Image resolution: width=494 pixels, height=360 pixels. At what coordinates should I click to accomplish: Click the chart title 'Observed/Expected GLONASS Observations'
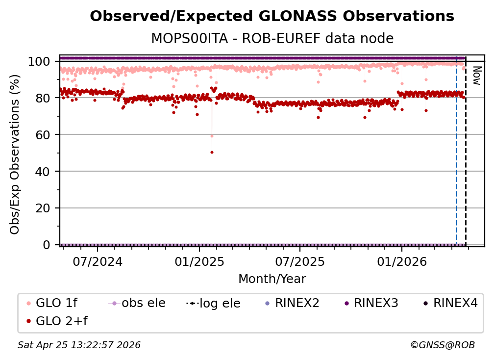click(272, 16)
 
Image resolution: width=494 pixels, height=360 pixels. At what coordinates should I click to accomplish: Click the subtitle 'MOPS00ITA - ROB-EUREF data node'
click(272, 38)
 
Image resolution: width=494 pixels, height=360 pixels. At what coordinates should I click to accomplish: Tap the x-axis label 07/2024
click(98, 261)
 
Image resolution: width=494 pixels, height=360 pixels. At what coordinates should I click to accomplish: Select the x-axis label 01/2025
click(199, 261)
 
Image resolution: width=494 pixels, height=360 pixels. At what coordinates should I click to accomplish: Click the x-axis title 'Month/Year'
click(272, 279)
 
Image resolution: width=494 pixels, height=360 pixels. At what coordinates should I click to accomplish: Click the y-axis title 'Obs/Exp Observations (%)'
click(15, 154)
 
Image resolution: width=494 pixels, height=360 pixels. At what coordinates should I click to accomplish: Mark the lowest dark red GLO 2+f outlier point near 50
click(212, 152)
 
